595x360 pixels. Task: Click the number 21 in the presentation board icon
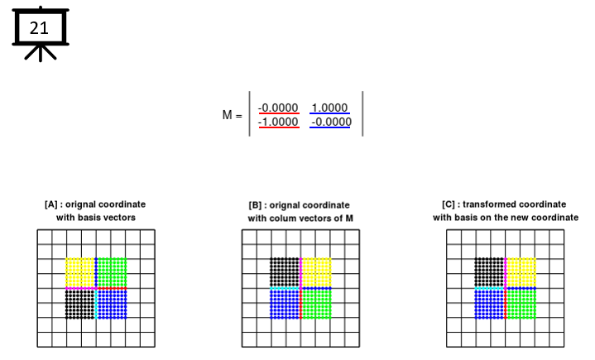coord(39,28)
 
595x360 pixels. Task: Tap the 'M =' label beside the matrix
coord(232,114)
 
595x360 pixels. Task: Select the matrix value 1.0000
coord(329,108)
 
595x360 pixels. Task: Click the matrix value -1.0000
coord(278,122)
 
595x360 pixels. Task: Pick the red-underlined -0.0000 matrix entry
coord(278,108)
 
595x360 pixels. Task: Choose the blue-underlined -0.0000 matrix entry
coord(331,122)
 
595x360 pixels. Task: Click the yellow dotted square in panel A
coord(80,273)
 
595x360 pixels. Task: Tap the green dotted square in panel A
coord(113,273)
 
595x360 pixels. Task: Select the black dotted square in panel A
coord(80,305)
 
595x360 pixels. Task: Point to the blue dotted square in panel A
coord(113,305)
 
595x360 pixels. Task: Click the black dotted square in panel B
coord(285,273)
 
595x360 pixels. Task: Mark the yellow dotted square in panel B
coord(317,273)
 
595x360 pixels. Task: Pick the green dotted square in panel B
coord(317,305)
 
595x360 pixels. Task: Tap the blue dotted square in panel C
coord(489,305)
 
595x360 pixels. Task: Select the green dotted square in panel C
coord(521,305)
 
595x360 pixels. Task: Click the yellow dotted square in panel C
coord(521,273)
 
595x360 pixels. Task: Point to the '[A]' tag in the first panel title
coord(50,204)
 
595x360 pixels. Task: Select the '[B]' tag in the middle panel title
coord(255,205)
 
